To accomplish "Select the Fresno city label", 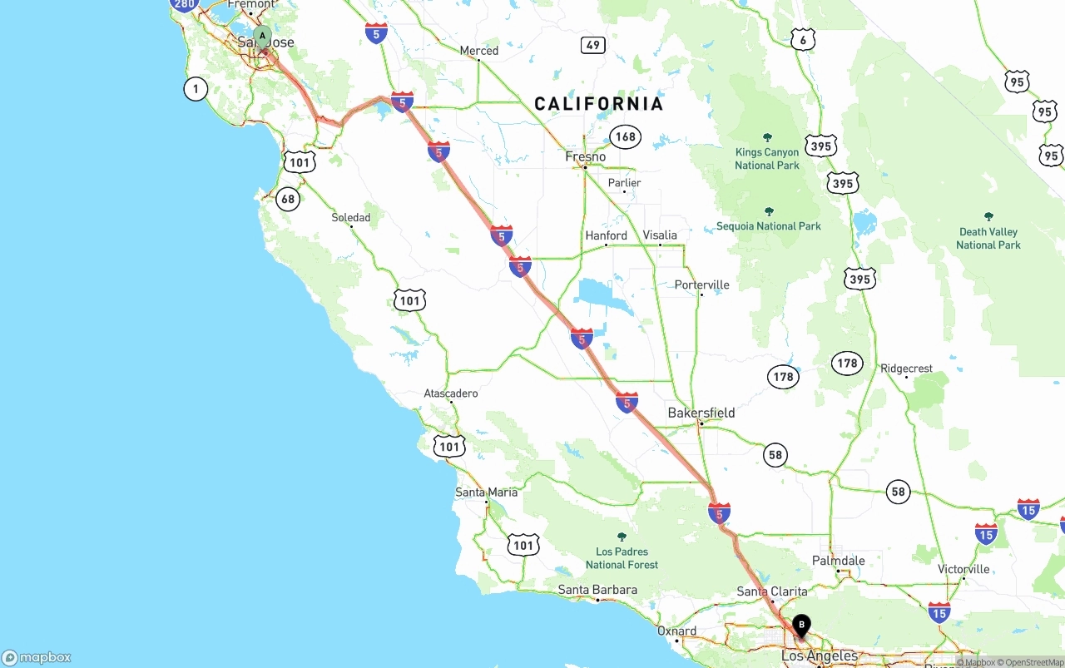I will point(586,156).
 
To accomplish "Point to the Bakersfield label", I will point(701,413).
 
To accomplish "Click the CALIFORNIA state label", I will point(599,104).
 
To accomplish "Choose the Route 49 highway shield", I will point(592,45).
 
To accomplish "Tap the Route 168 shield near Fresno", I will point(625,136).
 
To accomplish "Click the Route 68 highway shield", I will point(288,199).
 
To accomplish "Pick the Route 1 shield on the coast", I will point(196,89).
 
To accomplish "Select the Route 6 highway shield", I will point(802,39).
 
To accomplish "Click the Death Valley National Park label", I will point(988,238).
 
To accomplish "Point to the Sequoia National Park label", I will point(769,225).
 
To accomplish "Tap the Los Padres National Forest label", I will point(622,557).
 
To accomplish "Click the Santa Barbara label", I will point(597,590).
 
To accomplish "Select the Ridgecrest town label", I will point(906,369).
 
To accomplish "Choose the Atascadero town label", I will point(451,393).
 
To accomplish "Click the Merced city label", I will point(479,51).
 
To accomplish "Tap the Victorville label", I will point(963,569).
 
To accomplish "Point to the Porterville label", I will point(701,285).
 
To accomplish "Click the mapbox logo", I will point(37,657).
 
